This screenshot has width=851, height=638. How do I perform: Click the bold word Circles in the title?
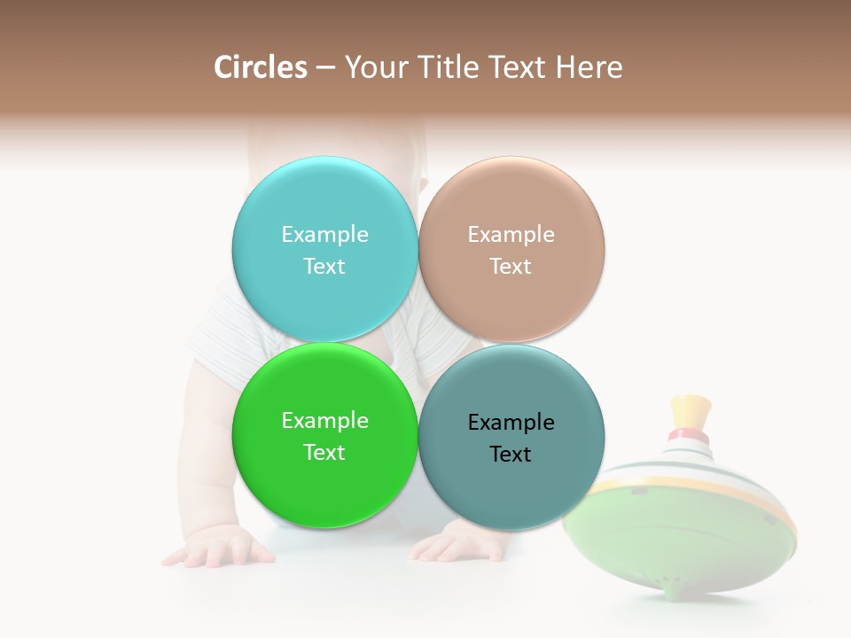(261, 67)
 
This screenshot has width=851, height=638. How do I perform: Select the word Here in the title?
(589, 67)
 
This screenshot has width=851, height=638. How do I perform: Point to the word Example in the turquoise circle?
(324, 234)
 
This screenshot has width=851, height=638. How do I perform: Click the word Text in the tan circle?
(511, 266)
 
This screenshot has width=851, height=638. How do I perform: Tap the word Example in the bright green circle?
(324, 420)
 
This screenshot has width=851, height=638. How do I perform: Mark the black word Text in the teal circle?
(511, 454)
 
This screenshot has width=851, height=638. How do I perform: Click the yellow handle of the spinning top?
(691, 412)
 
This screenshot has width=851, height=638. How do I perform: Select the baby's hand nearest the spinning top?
(457, 542)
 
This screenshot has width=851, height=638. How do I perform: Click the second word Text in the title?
(517, 67)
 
